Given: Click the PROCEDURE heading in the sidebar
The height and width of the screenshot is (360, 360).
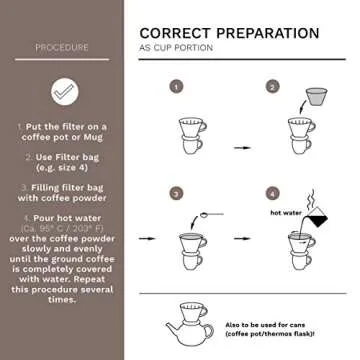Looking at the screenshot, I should click(61, 47).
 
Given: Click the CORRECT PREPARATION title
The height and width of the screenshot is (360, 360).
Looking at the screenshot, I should click(229, 33).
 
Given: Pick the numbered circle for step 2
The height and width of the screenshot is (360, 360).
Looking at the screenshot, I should click(271, 87).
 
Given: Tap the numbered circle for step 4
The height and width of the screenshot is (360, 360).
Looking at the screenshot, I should click(271, 192).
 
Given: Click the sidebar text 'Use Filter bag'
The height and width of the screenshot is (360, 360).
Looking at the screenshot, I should click(61, 157).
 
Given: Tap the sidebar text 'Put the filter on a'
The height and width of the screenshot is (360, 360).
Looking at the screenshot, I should click(63, 129).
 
